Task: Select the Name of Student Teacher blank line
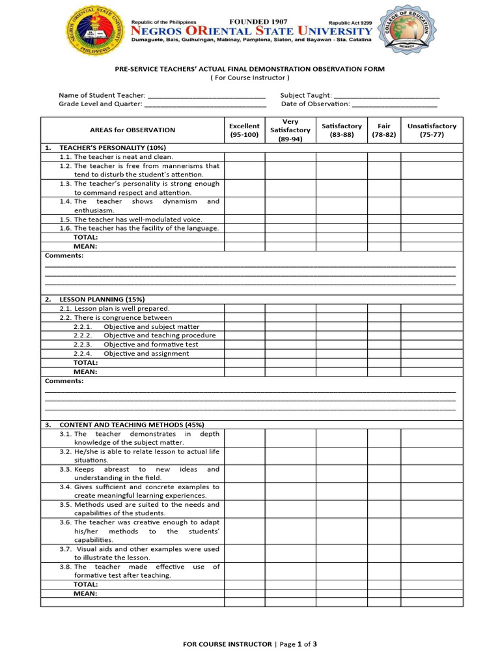point(206,95)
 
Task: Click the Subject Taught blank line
point(386,95)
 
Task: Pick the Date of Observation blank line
point(394,104)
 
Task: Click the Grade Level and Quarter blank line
point(205,104)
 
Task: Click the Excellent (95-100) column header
point(244,130)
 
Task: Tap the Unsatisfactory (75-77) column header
point(432,130)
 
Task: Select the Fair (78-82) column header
point(383,130)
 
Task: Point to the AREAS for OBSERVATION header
point(132,130)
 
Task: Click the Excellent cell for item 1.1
point(244,157)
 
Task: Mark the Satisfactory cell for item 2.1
point(341,309)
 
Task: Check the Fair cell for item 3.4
point(383,491)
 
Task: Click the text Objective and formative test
point(151,345)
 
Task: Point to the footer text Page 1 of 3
point(298,644)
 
